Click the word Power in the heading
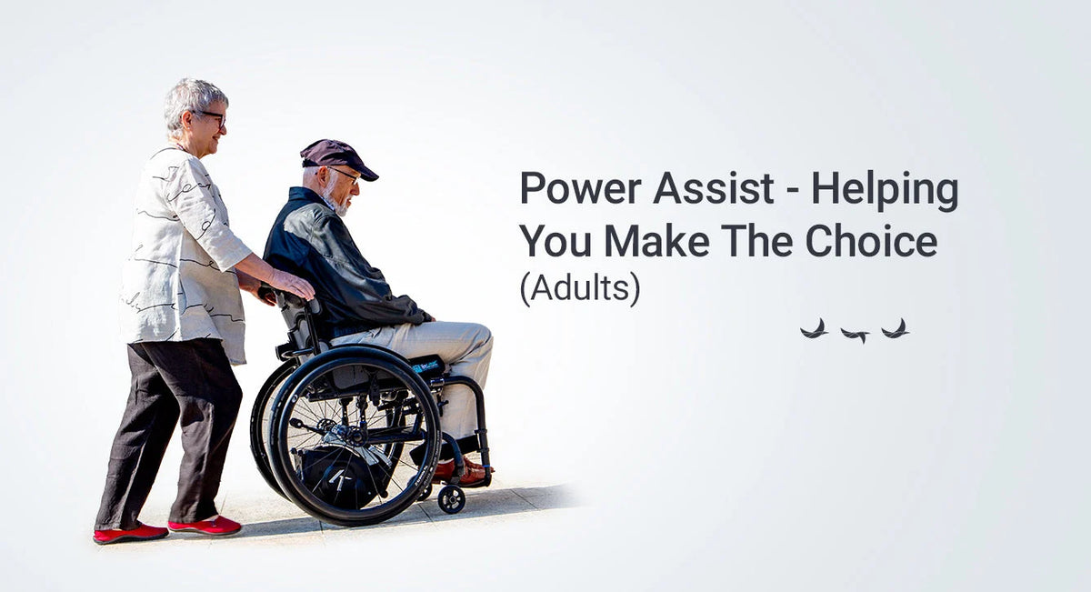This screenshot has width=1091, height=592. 580,188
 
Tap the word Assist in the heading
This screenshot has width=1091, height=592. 713,188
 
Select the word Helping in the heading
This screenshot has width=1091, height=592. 885,190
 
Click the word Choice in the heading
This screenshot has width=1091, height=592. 872,241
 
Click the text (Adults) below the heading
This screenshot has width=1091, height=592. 580,289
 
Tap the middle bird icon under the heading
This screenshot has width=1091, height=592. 856,335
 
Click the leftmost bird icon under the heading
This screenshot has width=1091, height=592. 815,329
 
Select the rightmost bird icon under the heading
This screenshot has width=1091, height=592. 896,329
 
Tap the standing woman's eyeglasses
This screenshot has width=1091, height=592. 213,117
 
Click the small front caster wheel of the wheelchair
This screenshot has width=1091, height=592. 451,499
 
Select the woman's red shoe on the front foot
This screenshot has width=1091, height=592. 205,527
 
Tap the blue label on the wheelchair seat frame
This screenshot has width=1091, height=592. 425,366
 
